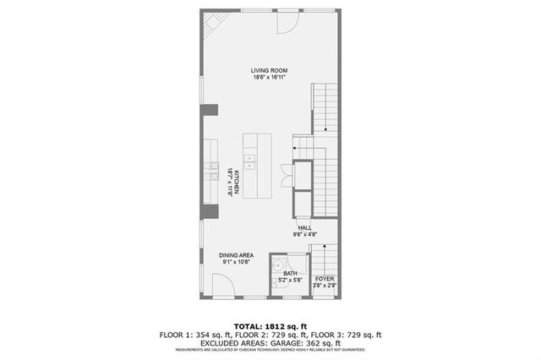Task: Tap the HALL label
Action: [304, 227]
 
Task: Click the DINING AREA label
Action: [236, 255]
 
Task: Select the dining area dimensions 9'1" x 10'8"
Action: [236, 262]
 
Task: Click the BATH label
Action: [290, 273]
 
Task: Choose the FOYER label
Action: [325, 278]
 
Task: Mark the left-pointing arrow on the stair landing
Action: [296, 149]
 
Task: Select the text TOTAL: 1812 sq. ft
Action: [270, 325]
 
